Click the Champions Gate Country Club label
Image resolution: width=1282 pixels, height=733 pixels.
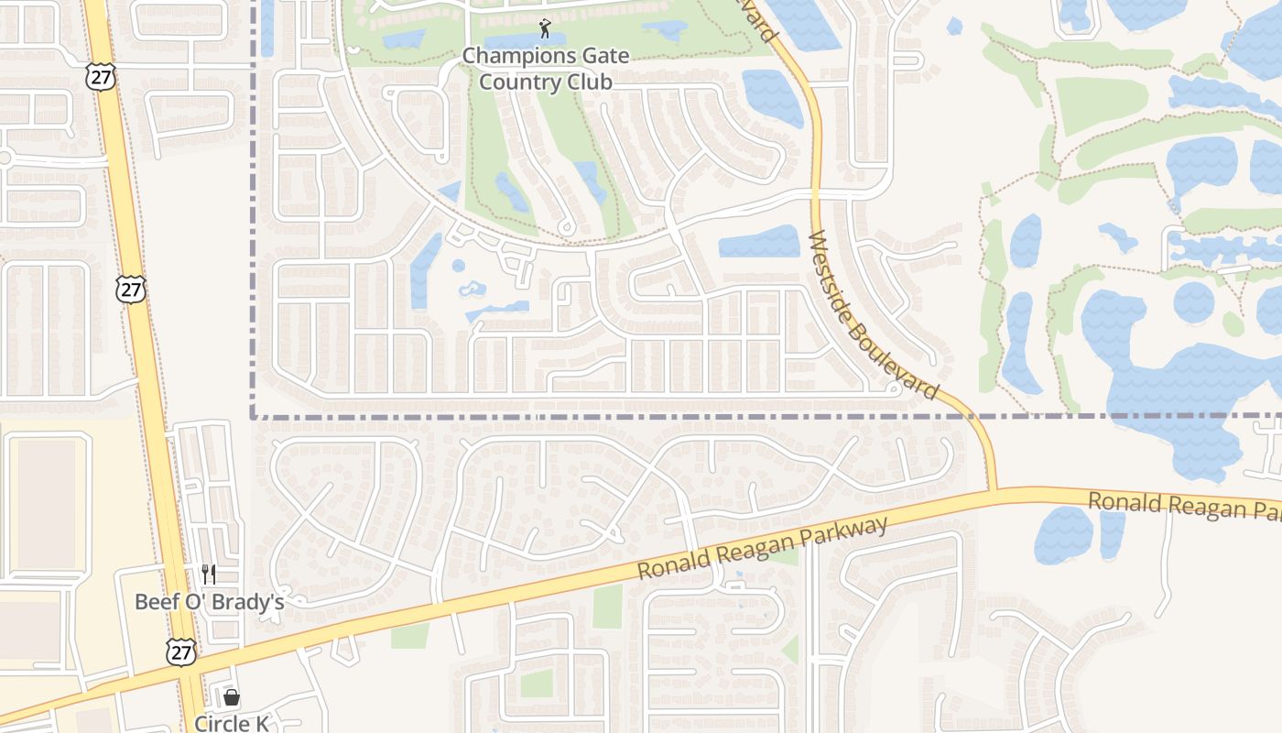coord(546,69)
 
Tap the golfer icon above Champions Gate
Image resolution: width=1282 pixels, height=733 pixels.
coord(546,28)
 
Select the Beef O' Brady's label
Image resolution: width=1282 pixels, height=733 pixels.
coord(210,602)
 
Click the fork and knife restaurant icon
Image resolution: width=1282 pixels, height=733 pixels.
coord(209,574)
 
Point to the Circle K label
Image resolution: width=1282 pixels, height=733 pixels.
coord(232,723)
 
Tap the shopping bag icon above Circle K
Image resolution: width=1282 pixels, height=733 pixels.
coord(232,697)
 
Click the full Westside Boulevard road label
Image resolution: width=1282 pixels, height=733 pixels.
coord(873,314)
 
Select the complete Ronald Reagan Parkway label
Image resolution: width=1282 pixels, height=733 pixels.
coord(763,548)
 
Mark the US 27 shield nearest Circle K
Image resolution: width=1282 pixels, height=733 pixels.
coord(180,651)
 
